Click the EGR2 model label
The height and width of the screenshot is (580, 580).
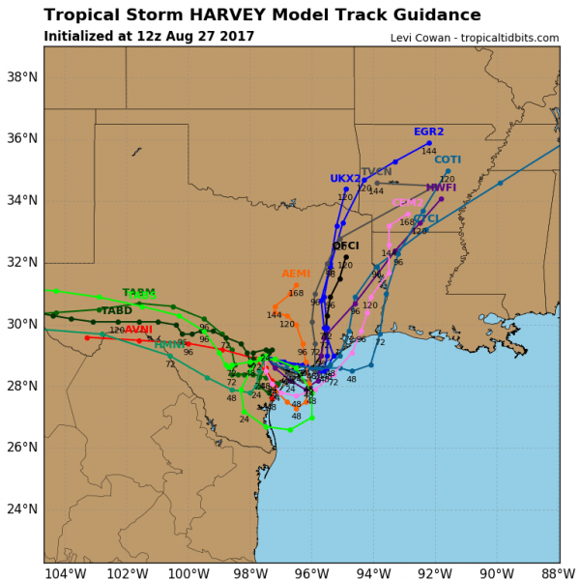(428, 131)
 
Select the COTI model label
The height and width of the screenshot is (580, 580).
(448, 159)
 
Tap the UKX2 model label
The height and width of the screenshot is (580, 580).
(345, 179)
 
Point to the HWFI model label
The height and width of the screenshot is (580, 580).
(441, 188)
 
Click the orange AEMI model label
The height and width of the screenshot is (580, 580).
(296, 275)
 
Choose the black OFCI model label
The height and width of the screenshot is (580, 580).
(345, 246)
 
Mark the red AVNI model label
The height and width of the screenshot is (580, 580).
(138, 330)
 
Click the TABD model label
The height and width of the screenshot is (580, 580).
(117, 310)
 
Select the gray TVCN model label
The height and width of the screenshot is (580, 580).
(376, 172)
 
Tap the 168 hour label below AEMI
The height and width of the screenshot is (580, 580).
(296, 293)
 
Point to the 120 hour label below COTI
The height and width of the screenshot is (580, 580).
(447, 179)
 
